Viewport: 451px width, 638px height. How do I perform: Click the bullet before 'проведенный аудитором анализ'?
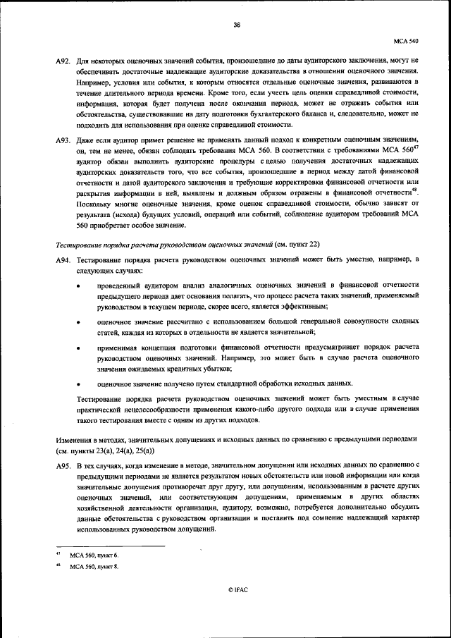point(78,286)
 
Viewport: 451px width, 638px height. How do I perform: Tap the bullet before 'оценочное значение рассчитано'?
point(78,321)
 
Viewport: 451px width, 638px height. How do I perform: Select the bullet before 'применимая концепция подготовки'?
point(78,348)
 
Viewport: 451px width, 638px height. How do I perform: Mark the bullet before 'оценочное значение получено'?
point(78,384)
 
